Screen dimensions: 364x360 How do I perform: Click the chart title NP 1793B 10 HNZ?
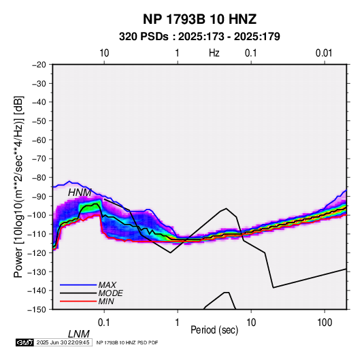[199, 19]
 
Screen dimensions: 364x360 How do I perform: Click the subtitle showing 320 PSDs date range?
[199, 37]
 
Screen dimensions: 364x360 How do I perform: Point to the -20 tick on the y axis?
[39, 65]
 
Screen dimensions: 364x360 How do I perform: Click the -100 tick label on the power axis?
[37, 215]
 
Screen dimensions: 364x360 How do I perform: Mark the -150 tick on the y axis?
[37, 310]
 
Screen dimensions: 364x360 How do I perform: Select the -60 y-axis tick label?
[39, 140]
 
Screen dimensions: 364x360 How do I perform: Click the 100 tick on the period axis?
[325, 323]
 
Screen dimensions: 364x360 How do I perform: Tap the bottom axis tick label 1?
[178, 323]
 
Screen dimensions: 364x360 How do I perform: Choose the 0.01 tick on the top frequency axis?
[324, 53]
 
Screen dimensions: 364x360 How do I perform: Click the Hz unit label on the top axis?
[214, 53]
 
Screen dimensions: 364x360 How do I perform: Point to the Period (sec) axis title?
[214, 330]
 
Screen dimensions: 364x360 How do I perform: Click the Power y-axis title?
[18, 187]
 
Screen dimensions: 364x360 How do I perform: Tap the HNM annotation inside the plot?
[80, 193]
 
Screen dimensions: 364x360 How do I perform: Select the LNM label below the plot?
[78, 334]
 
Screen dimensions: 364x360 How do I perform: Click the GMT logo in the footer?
[24, 342]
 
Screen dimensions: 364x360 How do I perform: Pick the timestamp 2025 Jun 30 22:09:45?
[63, 342]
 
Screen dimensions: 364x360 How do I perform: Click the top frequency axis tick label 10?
[104, 53]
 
